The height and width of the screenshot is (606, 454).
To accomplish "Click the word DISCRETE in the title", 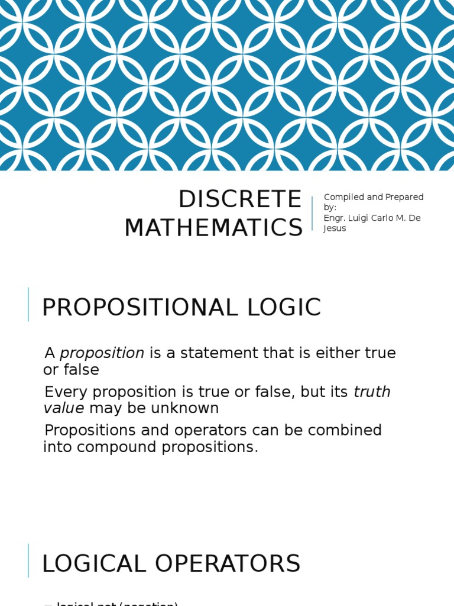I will [239, 200].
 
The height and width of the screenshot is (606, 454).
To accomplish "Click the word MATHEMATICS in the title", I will [213, 228].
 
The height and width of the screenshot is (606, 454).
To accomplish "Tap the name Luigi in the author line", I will [357, 218].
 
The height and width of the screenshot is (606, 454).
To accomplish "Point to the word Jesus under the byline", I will [335, 228].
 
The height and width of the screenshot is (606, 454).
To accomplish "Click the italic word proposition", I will [102, 353].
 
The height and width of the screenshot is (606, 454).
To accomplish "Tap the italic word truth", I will [372, 392].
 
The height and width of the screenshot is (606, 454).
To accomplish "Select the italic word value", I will [64, 408].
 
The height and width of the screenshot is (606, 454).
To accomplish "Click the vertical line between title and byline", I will [312, 213].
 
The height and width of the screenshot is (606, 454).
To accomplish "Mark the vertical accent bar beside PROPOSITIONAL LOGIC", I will [28, 304].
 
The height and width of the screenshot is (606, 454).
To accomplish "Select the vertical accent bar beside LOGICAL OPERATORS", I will [28, 560].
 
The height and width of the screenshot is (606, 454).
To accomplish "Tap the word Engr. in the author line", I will [334, 218].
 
